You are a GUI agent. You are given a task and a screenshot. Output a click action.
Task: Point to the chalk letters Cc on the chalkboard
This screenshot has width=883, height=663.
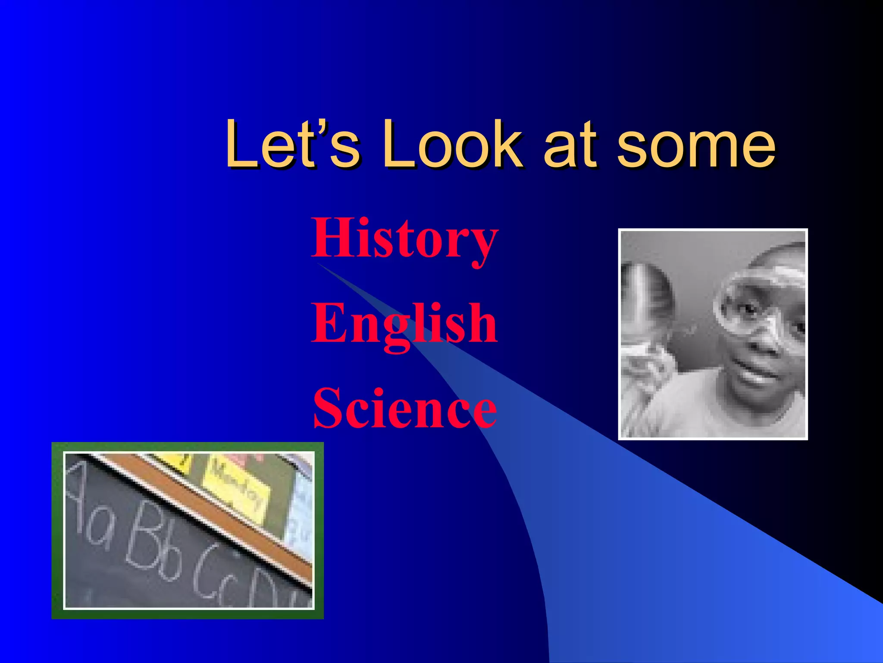[x=216, y=574]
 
